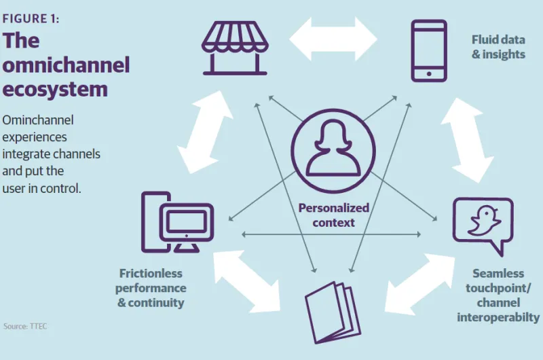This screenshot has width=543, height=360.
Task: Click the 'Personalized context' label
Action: [x=333, y=215]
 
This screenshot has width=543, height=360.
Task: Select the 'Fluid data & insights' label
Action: [x=498, y=47]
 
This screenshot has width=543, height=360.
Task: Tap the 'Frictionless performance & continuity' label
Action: [x=151, y=288]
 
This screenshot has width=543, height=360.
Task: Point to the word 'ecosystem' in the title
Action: [x=55, y=88]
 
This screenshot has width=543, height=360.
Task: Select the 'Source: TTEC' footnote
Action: [x=25, y=326]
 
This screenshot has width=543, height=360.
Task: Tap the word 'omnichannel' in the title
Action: [x=66, y=65]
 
